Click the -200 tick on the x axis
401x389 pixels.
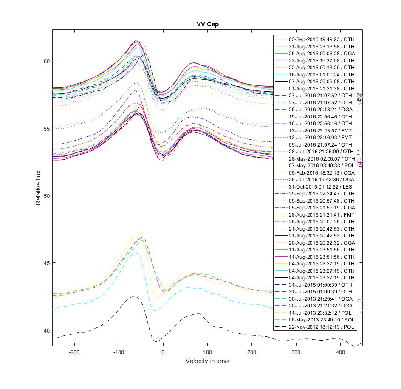[x=75, y=352]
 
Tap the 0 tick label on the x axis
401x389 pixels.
[x=163, y=352]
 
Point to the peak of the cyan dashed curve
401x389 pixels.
[x=135, y=253]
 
